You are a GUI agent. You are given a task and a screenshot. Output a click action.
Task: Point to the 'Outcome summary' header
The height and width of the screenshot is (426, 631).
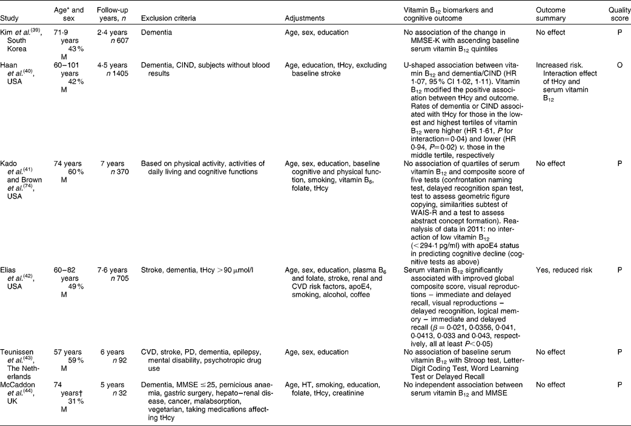click(x=551, y=14)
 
